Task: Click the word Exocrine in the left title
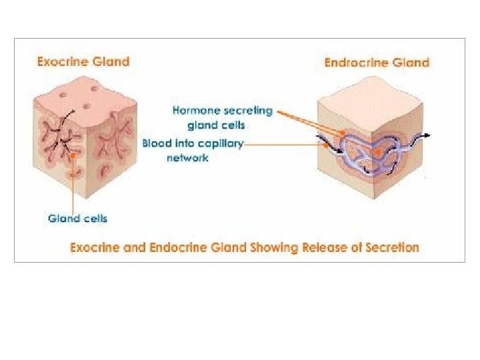pyautogui.click(x=63, y=61)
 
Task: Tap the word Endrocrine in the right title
pyautogui.click(x=356, y=63)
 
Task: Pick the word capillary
pyautogui.click(x=218, y=143)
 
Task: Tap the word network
pyautogui.click(x=187, y=158)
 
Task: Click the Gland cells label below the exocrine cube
pyautogui.click(x=78, y=219)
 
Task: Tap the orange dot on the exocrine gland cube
pyautogui.click(x=73, y=155)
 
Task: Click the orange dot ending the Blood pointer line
pyautogui.click(x=327, y=146)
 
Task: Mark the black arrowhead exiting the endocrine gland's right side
pyautogui.click(x=427, y=135)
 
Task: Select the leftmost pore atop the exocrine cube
pyautogui.click(x=63, y=95)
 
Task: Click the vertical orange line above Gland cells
pyautogui.click(x=73, y=184)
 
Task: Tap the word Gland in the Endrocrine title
pyautogui.click(x=411, y=63)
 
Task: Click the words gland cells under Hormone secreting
pyautogui.click(x=216, y=125)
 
